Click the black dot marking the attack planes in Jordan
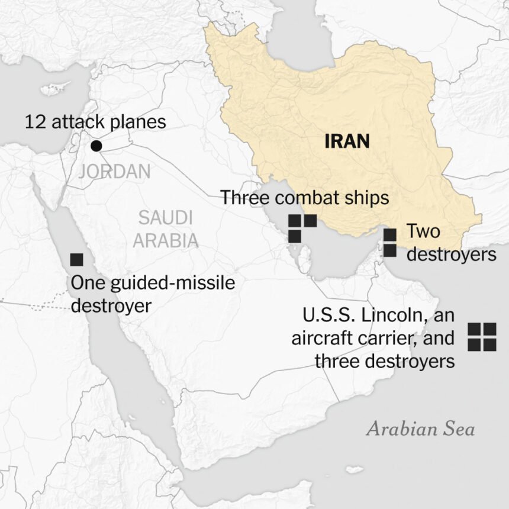[x=95, y=146]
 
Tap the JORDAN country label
[x=114, y=172]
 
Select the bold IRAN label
[x=347, y=141]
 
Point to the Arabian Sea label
[x=420, y=429]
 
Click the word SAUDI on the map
[x=165, y=218]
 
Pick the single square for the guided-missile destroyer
[x=76, y=259]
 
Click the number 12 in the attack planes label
[x=34, y=123]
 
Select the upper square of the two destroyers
[x=389, y=235]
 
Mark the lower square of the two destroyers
[x=389, y=250]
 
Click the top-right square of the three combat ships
[x=310, y=221]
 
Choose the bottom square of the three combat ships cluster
[x=294, y=236]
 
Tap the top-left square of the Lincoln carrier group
[x=474, y=330]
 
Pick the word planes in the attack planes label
[x=140, y=123]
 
